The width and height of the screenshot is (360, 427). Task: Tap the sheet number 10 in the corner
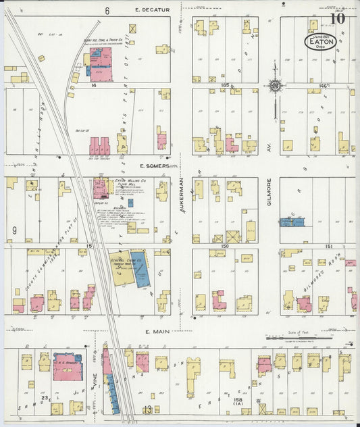point(337,18)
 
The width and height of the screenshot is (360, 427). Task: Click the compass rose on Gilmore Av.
point(274,86)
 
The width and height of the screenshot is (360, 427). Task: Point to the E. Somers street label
point(156,166)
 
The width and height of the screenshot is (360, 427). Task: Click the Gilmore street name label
point(269,193)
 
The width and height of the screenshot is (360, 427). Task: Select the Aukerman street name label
point(182,196)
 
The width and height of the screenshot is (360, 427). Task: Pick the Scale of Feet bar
point(308,336)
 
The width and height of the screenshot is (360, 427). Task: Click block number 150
point(224,247)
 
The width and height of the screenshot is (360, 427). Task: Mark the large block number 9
point(14,231)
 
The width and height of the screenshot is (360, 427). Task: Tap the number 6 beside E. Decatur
point(107,11)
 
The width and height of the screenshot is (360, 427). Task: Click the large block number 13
point(147,409)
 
